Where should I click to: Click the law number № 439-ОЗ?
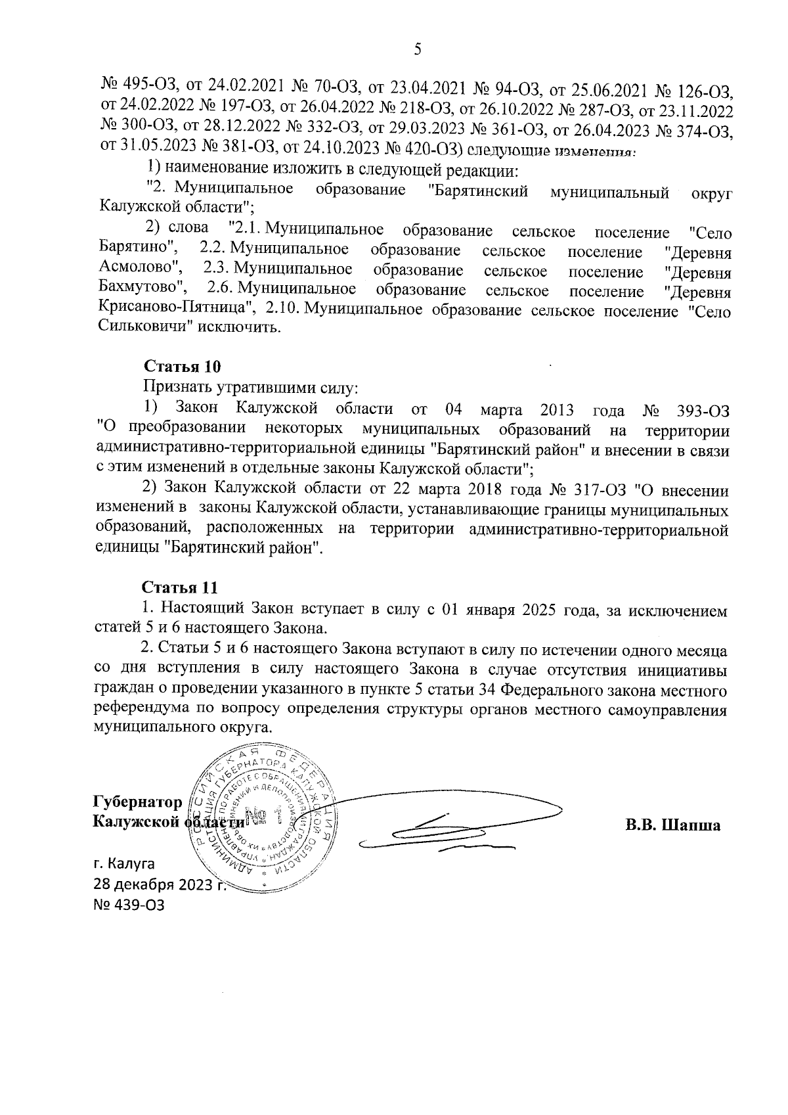pos(129,905)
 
